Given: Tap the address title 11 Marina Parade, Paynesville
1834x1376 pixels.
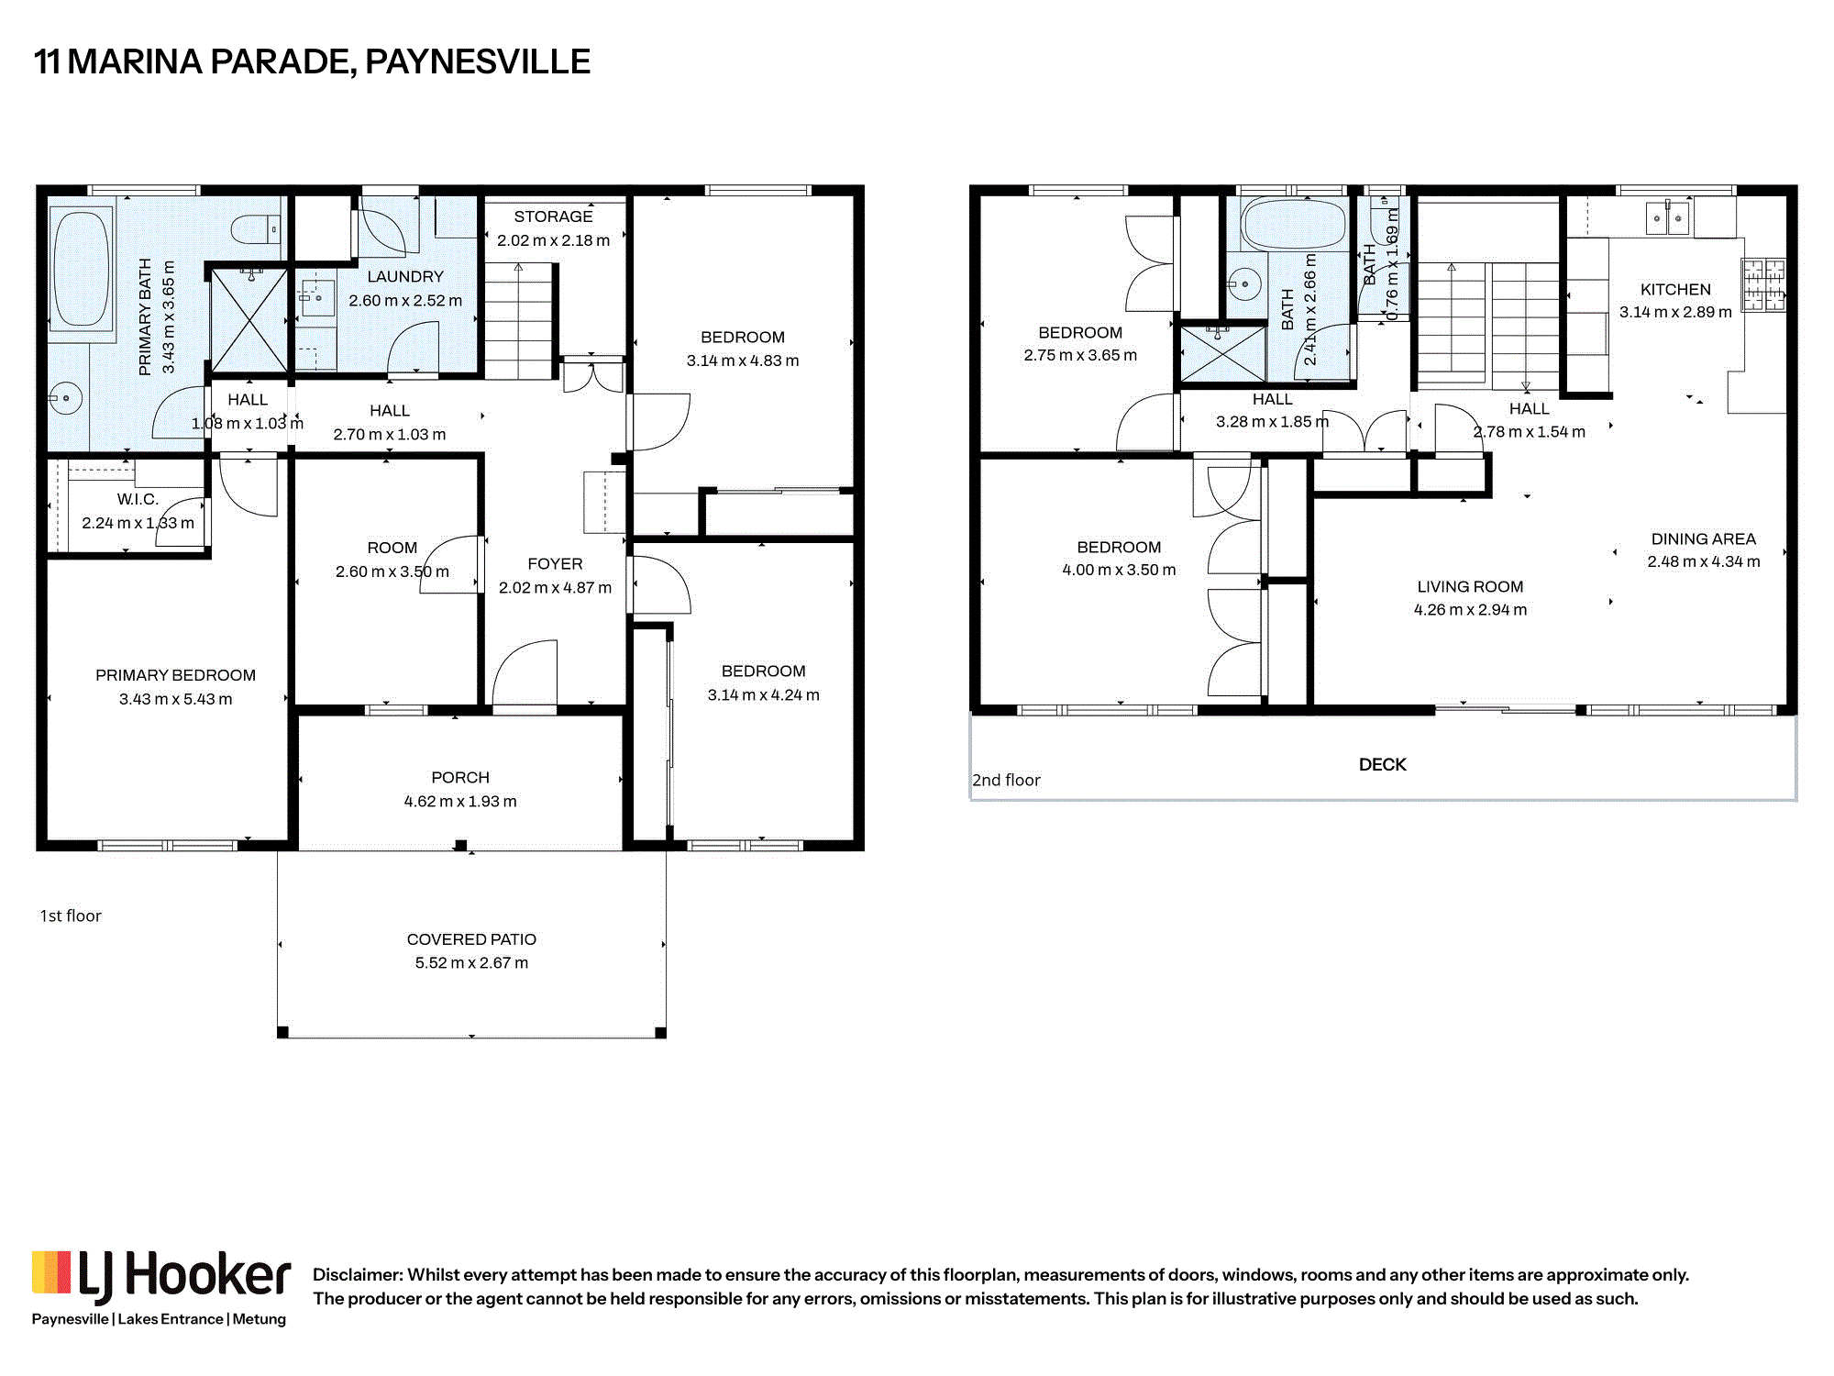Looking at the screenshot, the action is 312,61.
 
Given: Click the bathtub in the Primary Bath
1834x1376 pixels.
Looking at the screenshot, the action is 82,270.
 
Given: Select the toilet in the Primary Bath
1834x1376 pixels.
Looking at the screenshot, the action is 256,228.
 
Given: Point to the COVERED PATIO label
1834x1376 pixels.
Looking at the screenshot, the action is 471,939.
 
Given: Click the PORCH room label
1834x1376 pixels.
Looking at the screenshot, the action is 460,777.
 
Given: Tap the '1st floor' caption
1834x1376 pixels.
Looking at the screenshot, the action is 71,915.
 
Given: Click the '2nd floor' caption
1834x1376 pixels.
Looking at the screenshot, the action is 1006,780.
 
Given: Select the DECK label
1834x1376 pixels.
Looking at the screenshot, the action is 1383,764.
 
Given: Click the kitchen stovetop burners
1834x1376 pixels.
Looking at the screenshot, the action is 1763,284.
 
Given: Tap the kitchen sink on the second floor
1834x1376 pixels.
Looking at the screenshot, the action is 1668,218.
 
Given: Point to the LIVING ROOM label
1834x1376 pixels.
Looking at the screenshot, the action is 1470,586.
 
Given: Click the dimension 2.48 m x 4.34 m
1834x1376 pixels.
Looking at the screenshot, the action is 1704,561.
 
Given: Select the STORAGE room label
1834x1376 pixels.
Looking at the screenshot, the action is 553,216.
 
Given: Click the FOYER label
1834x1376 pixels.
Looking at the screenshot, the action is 555,563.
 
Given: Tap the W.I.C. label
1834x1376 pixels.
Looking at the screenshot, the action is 138,499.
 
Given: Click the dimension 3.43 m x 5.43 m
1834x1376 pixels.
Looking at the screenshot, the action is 175,699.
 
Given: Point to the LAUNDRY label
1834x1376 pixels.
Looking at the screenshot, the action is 405,276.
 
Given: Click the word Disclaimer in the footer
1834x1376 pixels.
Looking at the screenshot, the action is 358,1274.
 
